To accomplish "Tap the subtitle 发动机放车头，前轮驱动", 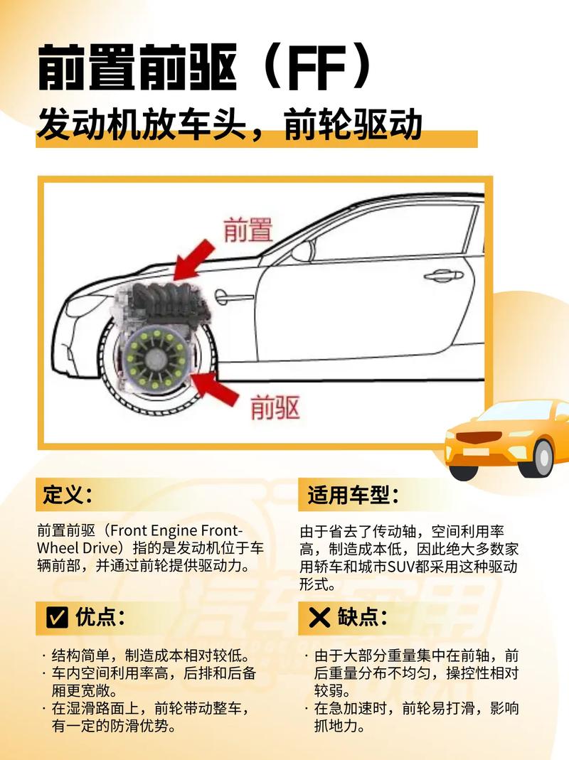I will click(x=229, y=126).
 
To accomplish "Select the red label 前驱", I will click(x=275, y=407).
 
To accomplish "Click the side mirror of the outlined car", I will click(x=303, y=250).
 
